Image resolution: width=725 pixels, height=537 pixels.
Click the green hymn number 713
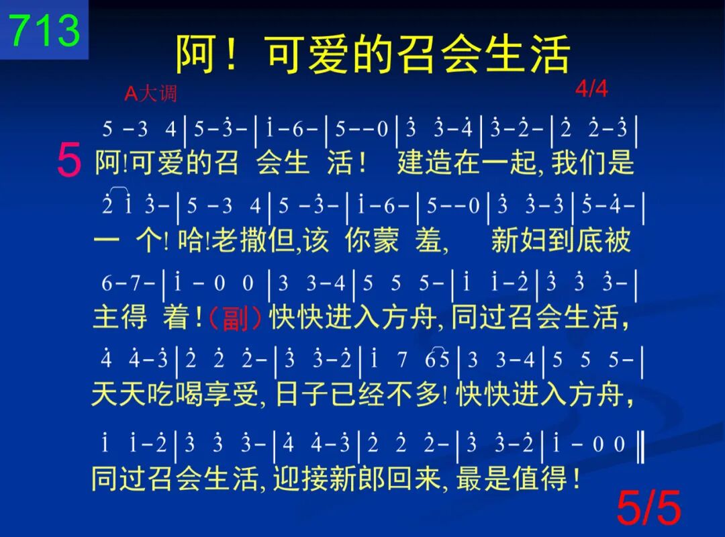coord(45,30)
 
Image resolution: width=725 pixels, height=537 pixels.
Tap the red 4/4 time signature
coord(591,89)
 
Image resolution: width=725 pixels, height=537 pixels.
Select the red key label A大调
coord(151,94)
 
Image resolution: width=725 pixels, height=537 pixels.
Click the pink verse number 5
coord(69,160)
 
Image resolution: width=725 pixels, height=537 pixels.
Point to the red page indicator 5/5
coord(648,507)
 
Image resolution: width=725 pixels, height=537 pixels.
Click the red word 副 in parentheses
coord(236,319)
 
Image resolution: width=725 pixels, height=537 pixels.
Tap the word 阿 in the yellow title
coord(195,54)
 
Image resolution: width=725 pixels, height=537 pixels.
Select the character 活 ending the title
coord(550,54)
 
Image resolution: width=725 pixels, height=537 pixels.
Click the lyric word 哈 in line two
coord(190,240)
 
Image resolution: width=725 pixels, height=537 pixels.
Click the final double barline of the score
coord(640,446)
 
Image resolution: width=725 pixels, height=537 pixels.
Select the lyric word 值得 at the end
coord(539,478)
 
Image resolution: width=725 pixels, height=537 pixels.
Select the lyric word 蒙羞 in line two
coord(407,240)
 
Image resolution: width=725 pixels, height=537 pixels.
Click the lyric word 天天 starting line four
coord(118,395)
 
